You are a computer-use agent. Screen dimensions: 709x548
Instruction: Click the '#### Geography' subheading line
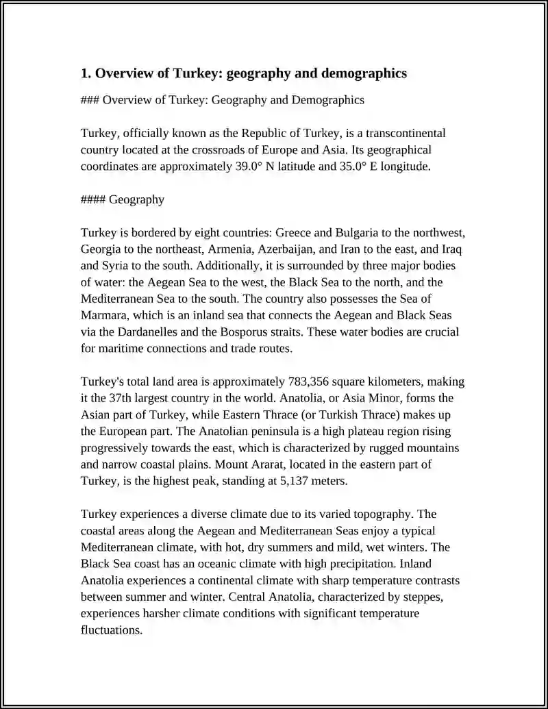click(123, 199)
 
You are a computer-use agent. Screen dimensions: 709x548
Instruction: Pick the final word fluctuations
click(111, 630)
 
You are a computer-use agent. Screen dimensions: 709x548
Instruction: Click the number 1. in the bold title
click(86, 73)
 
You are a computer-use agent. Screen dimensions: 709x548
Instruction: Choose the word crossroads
click(213, 149)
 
